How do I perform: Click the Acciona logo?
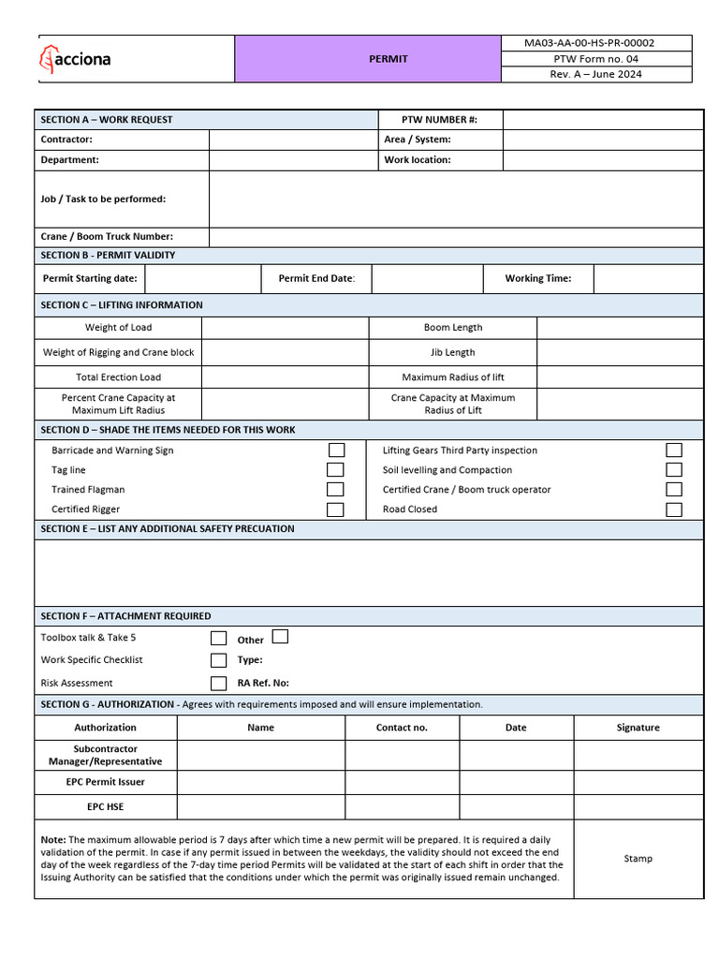(75, 59)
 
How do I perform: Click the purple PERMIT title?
(389, 59)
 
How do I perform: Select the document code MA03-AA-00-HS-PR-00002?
(589, 43)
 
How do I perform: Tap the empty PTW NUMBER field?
(602, 120)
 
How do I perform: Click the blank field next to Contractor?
(292, 140)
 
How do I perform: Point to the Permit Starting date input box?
(202, 278)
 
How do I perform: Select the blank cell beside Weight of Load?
(285, 328)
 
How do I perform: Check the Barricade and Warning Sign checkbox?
(336, 450)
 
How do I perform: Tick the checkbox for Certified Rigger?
(335, 509)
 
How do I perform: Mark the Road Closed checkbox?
(674, 509)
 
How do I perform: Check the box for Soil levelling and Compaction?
(674, 470)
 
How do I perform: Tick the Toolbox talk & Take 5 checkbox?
(218, 639)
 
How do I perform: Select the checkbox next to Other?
(280, 637)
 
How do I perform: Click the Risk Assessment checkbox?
(218, 684)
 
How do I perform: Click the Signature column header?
(638, 728)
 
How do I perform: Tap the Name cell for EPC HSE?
(261, 806)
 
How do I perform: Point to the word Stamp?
(638, 859)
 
